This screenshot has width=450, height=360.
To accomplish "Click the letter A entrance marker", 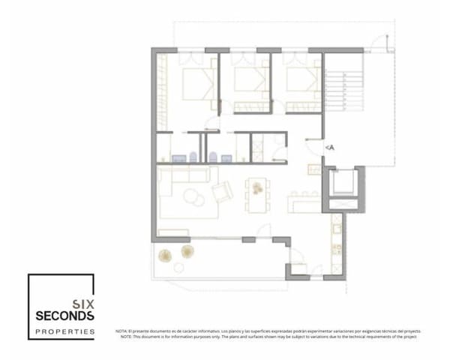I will [x=330, y=148].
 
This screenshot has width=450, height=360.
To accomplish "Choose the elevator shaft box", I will [x=346, y=184].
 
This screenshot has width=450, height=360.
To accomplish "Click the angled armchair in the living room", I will [x=223, y=193].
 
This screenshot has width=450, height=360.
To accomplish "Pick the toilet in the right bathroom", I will [x=212, y=157].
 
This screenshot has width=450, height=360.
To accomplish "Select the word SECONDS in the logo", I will [x=64, y=316].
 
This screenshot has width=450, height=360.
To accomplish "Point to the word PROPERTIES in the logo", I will [x=64, y=331].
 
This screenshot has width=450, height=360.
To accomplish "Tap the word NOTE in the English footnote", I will [x=125, y=337].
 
